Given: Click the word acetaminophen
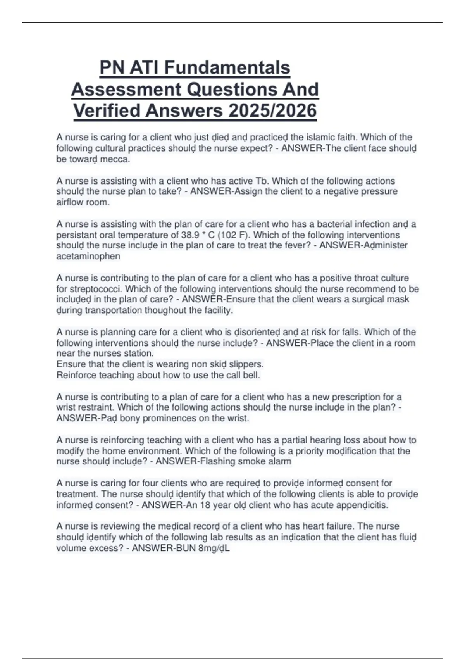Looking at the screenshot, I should (88, 256).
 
